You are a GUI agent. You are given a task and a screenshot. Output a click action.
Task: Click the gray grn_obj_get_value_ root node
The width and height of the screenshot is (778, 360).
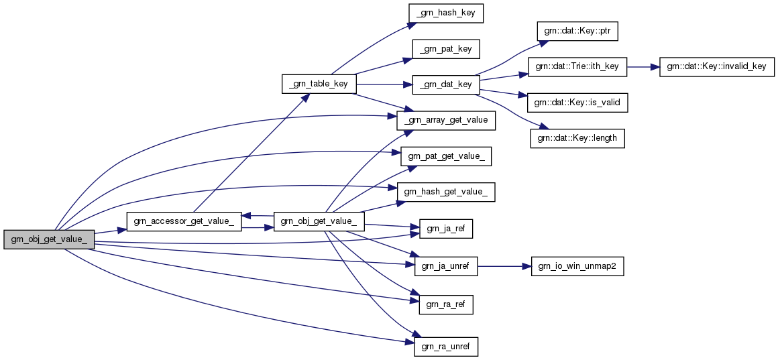click(x=49, y=239)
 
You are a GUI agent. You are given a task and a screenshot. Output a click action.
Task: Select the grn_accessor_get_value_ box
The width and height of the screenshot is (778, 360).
click(x=184, y=221)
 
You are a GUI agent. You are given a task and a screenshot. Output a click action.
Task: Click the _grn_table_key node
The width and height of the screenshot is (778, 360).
click(x=319, y=84)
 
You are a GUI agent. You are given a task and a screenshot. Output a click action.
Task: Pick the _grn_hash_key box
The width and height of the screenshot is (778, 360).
click(x=445, y=13)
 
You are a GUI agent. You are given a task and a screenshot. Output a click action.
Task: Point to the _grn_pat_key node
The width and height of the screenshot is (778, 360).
click(x=445, y=49)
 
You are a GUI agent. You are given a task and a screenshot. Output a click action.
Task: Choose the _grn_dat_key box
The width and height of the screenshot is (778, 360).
click(x=445, y=84)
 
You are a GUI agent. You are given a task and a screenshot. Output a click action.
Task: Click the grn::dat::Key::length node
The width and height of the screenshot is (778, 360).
click(x=577, y=138)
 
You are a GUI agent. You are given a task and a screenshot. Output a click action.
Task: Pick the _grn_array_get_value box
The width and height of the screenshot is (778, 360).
click(x=445, y=121)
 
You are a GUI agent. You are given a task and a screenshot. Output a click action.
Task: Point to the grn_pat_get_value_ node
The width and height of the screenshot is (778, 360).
click(x=445, y=157)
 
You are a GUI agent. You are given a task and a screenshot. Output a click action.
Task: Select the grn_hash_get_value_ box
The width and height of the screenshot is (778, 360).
click(x=445, y=192)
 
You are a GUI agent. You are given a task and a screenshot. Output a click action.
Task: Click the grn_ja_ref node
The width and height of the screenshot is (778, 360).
click(x=445, y=228)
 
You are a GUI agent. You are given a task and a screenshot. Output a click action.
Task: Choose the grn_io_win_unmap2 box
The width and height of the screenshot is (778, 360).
click(x=577, y=266)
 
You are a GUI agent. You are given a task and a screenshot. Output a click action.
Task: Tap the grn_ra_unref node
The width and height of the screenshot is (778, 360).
click(x=445, y=347)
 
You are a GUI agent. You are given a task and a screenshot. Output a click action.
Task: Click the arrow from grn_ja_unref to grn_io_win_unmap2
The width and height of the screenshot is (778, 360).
click(x=503, y=266)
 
